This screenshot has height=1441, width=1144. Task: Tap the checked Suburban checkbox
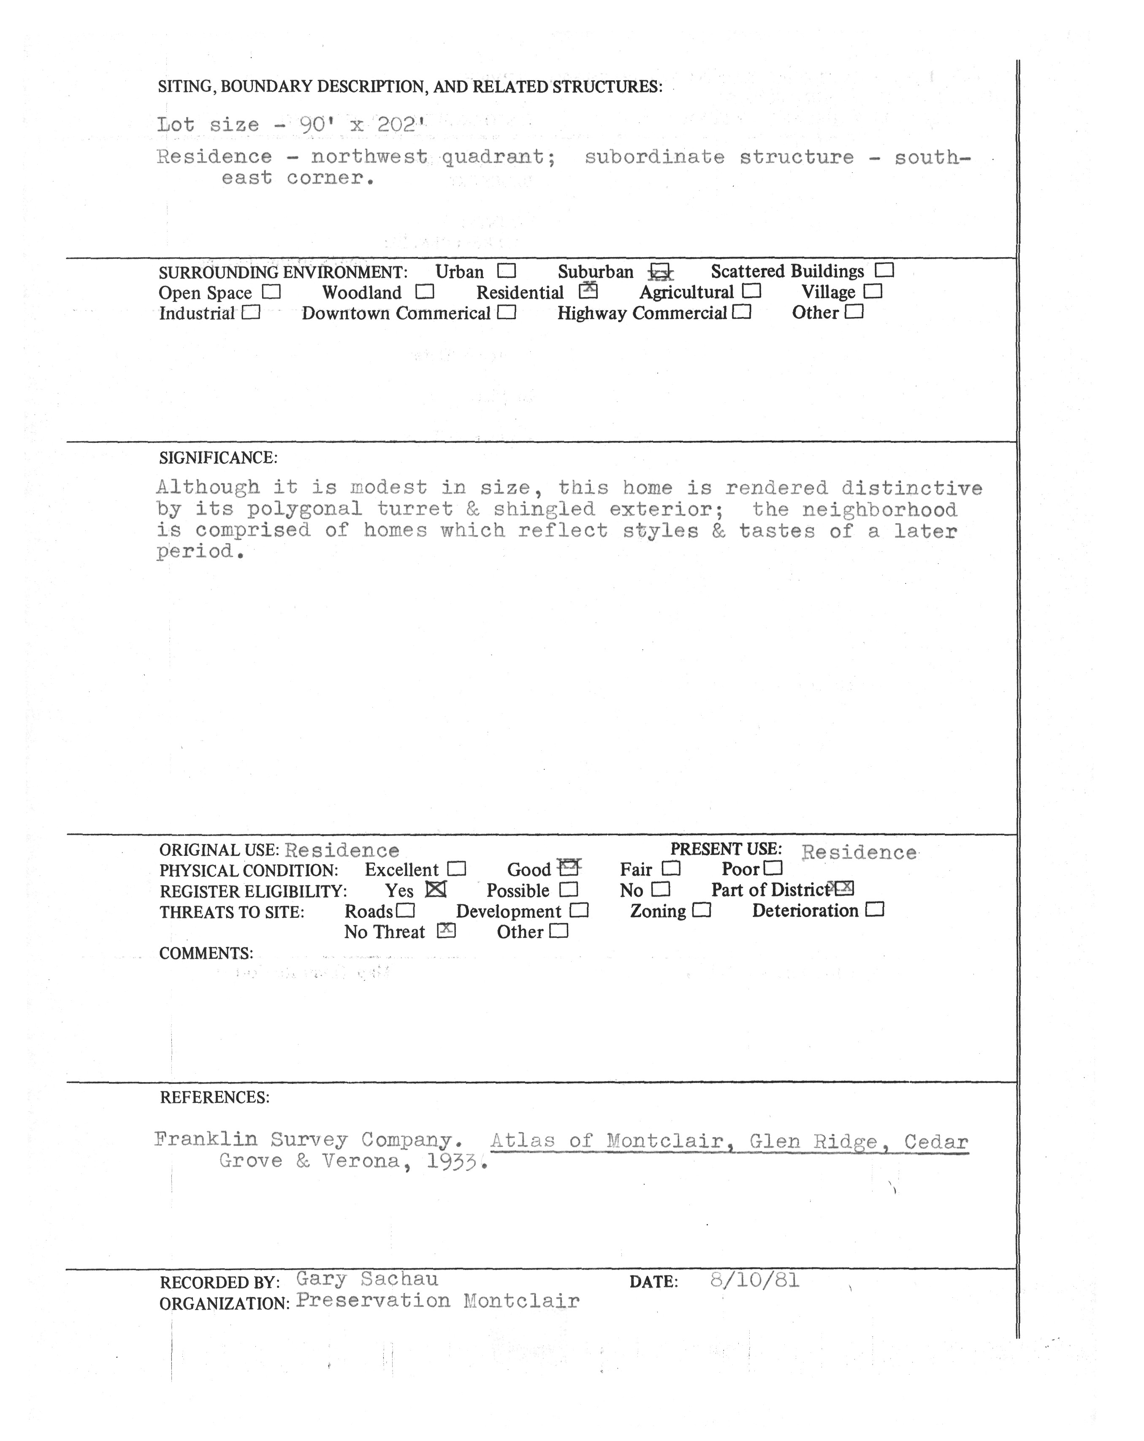click(x=660, y=271)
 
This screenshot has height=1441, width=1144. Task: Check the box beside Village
click(x=873, y=291)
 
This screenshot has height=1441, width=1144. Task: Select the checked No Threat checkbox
click(x=446, y=931)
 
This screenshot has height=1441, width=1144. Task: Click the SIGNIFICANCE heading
click(x=218, y=458)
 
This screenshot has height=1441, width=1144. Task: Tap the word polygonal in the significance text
click(x=304, y=509)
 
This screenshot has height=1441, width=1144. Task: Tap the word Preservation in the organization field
click(x=373, y=1301)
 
